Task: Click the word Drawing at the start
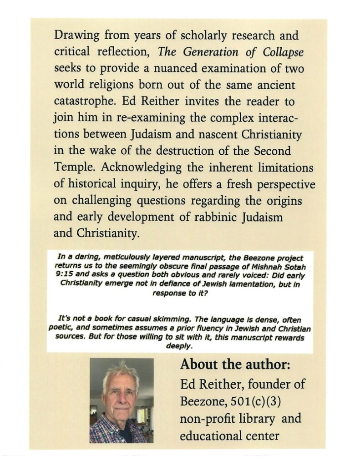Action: (x=74, y=35)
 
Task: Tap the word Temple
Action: (x=73, y=167)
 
